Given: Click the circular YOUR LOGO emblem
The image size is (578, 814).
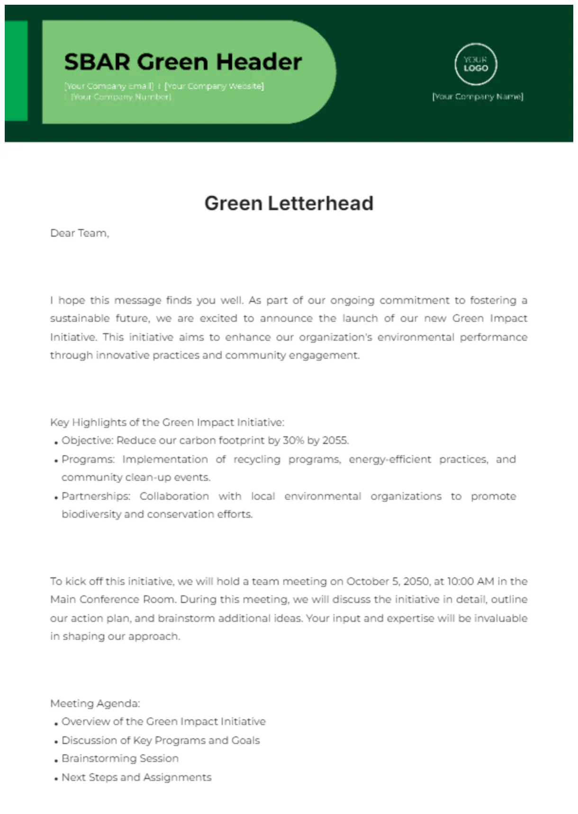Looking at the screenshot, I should (x=475, y=64).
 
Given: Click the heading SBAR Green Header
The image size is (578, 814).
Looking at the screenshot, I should (x=183, y=62).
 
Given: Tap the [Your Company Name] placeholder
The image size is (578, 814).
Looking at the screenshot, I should (x=478, y=97).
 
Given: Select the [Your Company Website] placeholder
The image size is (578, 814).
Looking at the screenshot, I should (x=214, y=86).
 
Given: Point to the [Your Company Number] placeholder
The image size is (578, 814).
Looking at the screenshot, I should (x=121, y=97).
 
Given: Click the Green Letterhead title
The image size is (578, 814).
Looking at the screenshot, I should (x=289, y=203).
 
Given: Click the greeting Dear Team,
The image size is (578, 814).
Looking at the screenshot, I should (x=80, y=233).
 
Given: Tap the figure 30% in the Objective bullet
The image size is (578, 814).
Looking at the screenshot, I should (x=293, y=440).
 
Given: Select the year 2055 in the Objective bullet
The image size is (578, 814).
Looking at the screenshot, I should (x=335, y=440).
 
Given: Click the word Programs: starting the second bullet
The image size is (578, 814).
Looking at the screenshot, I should (x=88, y=459).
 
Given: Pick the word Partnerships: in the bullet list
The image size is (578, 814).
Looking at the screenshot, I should (x=96, y=496).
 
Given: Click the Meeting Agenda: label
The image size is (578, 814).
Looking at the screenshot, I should (x=95, y=703).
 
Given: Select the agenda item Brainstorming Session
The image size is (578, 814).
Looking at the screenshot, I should (x=120, y=758).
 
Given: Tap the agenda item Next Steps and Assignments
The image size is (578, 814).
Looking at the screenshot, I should (x=136, y=777).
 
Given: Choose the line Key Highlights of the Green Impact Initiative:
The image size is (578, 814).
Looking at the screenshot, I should (x=167, y=422).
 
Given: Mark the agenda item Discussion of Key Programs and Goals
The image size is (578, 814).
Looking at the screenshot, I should (x=161, y=740).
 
